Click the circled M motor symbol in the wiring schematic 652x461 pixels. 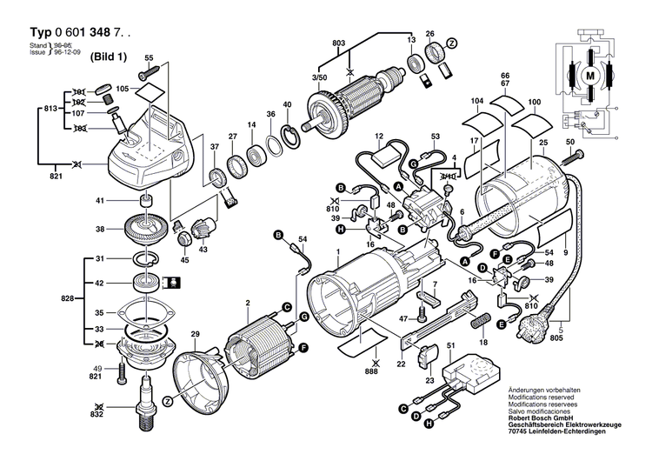click(x=591, y=77)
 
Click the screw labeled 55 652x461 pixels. click(x=149, y=78)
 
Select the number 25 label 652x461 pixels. click(x=542, y=143)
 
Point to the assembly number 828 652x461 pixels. click(x=69, y=297)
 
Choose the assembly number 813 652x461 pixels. click(x=51, y=109)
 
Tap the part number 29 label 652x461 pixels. click(x=196, y=334)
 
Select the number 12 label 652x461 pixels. click(x=380, y=137)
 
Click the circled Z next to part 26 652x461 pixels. click(x=452, y=43)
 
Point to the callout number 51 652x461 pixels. click(x=450, y=347)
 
